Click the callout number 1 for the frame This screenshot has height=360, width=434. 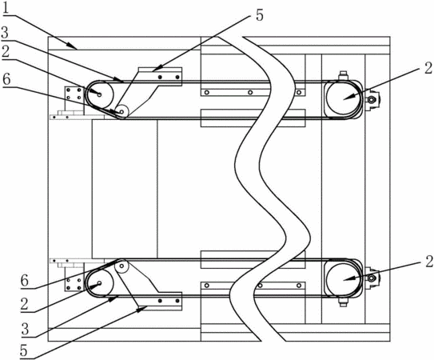[x=6, y=10]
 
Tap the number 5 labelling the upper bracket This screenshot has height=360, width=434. [x=259, y=15]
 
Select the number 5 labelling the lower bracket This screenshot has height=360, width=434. [x=24, y=350]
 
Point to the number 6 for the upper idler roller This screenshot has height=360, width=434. [x=6, y=80]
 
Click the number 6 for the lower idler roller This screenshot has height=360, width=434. [x=25, y=281]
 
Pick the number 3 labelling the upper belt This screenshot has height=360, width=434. [x=5, y=34]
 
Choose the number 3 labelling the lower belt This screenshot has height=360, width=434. [x=25, y=330]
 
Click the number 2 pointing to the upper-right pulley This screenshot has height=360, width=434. [x=428, y=68]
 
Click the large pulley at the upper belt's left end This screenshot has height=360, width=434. [x=100, y=94]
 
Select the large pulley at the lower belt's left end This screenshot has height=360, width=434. [x=100, y=283]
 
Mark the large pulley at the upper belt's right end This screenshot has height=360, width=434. [x=344, y=98]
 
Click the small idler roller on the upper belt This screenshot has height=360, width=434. [x=121, y=112]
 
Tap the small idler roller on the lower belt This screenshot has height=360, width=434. [x=121, y=266]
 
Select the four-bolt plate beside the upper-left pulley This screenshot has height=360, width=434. [x=74, y=94]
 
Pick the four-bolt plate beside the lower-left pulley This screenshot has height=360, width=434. [x=74, y=284]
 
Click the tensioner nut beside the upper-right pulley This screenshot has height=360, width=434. [x=372, y=99]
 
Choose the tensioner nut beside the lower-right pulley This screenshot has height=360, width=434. [x=372, y=278]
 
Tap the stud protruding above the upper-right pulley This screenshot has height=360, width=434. [x=343, y=75]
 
